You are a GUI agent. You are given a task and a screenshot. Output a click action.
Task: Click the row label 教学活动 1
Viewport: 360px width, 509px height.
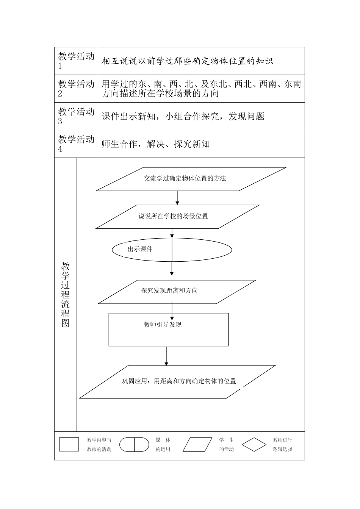point(76,61)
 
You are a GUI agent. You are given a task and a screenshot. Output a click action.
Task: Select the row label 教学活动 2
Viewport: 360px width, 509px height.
point(76,89)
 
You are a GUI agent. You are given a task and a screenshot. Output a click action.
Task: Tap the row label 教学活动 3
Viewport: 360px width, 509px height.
point(76,116)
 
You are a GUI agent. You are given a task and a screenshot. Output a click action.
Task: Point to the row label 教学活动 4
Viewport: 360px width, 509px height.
point(76,144)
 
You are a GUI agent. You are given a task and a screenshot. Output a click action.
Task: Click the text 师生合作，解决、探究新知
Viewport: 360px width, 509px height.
point(156,144)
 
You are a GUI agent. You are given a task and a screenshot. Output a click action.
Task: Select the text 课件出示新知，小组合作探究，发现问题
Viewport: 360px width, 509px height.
point(183,117)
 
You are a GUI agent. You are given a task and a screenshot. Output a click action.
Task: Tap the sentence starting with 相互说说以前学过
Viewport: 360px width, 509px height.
point(188,61)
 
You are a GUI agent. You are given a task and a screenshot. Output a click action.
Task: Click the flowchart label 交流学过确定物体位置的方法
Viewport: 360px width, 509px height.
point(185,178)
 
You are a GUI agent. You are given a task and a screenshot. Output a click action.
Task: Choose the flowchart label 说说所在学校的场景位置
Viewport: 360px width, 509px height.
point(173,217)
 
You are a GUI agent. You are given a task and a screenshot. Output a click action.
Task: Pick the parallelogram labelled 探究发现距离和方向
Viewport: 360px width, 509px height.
point(169,291)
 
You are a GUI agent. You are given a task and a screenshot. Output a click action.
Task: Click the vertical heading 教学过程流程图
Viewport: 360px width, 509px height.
point(66,294)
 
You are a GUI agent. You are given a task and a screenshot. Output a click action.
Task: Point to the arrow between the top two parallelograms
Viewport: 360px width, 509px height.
point(177,198)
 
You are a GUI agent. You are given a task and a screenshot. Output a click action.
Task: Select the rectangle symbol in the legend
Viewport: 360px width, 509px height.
point(69,445)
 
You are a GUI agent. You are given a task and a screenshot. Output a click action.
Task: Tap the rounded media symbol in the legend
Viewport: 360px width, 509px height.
point(135,445)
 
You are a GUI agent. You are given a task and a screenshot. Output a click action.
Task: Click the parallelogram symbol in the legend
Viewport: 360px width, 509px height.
point(198,445)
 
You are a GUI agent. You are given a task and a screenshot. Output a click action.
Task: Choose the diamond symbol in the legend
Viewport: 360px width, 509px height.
point(254,445)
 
